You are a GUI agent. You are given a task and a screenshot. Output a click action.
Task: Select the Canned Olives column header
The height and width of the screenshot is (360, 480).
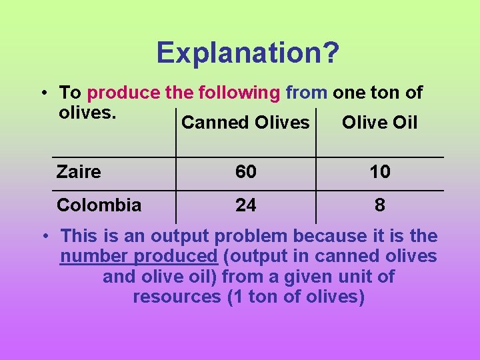click(245, 123)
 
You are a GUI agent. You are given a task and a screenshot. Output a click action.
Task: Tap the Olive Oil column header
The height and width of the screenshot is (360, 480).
click(379, 123)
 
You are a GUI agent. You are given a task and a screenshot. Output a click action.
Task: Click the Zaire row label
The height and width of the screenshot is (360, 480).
click(79, 172)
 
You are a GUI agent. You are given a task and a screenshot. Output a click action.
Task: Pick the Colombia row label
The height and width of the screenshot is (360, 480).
click(99, 205)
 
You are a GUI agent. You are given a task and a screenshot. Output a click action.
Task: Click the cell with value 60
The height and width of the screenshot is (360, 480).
click(245, 172)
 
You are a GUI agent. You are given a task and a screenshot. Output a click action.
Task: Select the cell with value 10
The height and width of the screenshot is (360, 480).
click(380, 172)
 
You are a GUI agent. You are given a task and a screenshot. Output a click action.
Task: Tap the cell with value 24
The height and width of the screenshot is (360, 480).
click(245, 205)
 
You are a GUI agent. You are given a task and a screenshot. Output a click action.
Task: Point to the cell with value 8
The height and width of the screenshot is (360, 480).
click(380, 205)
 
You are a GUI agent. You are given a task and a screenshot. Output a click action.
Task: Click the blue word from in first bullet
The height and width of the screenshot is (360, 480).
click(307, 92)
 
